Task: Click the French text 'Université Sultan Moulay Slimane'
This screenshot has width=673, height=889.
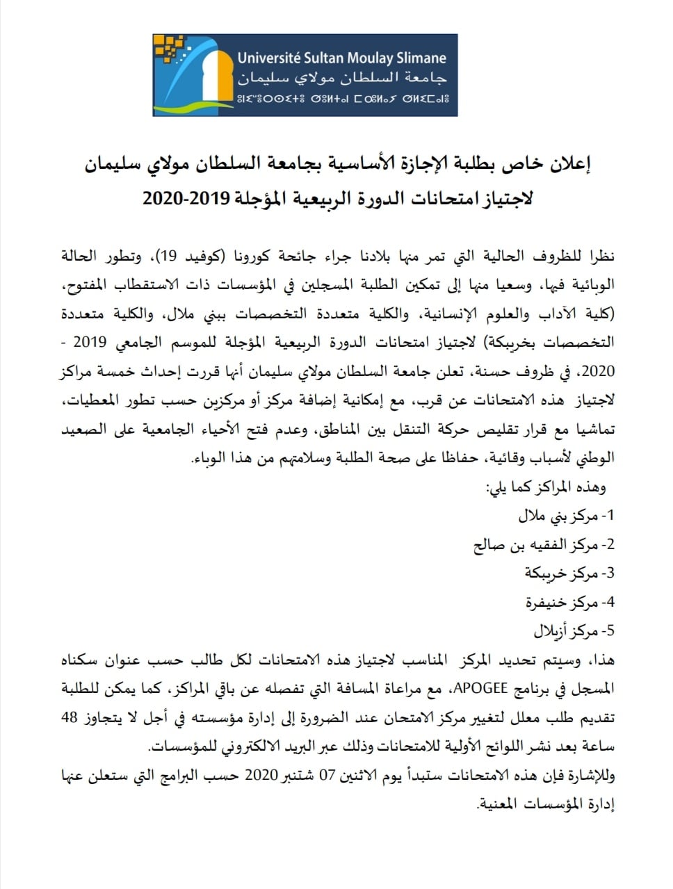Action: tap(341, 58)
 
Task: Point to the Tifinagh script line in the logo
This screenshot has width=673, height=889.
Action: tap(341, 96)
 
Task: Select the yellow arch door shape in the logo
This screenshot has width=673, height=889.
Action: tap(208, 76)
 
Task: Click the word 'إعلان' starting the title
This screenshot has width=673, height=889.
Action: tap(571, 164)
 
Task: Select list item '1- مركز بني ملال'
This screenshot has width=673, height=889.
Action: tap(567, 516)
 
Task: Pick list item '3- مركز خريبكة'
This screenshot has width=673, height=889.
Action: tap(569, 573)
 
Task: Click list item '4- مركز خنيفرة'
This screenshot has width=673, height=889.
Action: tap(570, 602)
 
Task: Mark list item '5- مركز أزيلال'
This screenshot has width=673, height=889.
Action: tap(574, 631)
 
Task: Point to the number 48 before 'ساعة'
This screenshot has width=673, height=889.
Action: tap(70, 717)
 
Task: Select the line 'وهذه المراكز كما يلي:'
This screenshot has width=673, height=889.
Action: tap(545, 487)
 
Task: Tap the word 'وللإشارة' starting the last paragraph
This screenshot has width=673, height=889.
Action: tap(591, 775)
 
